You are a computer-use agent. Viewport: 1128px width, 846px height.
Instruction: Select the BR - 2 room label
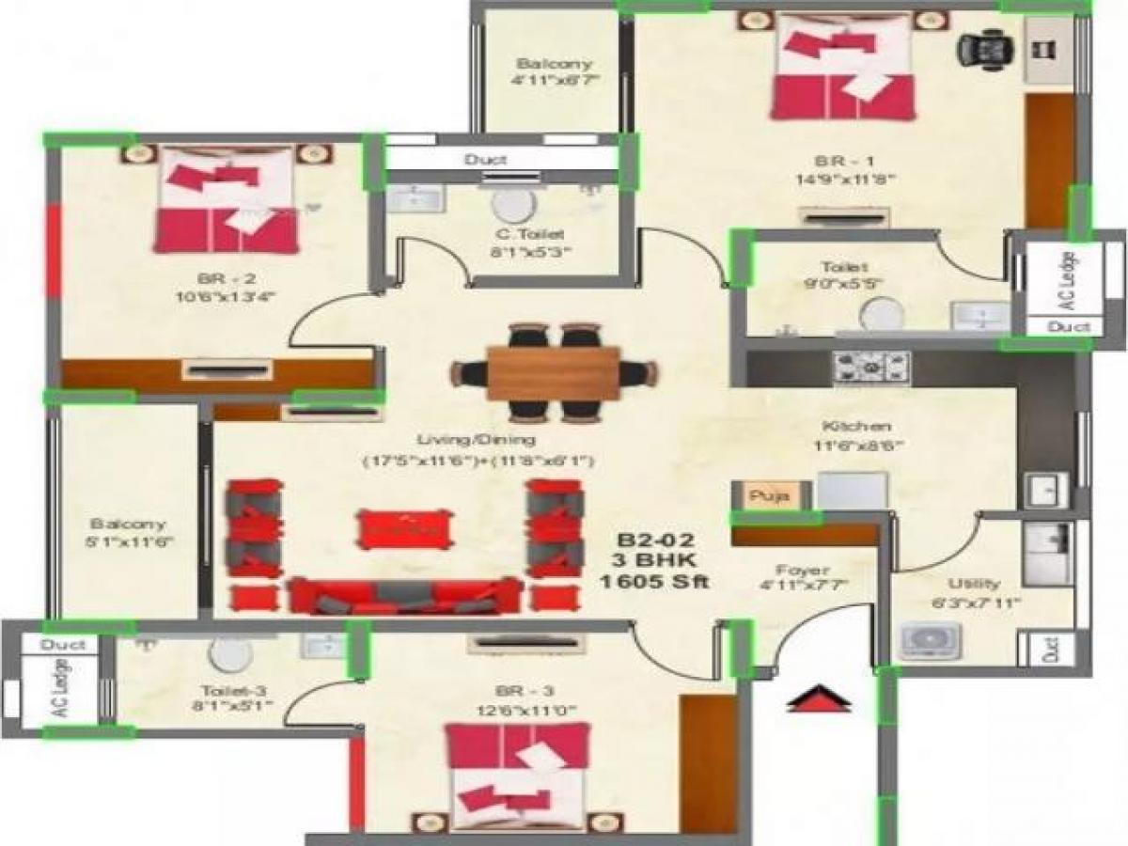click(220, 278)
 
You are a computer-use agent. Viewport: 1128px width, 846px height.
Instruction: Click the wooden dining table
click(553, 372)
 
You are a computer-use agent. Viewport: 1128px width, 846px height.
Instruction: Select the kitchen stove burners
click(871, 367)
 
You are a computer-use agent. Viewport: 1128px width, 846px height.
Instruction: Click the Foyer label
click(802, 570)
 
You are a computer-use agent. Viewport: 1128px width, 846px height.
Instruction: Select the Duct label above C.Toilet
click(486, 160)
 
